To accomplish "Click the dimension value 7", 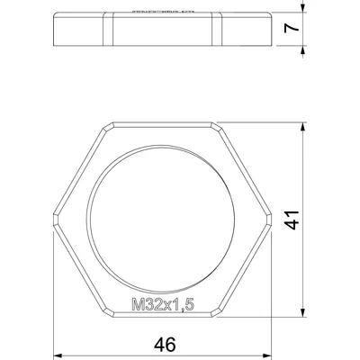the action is pos(292,28).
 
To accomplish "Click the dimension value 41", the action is pos(292,220).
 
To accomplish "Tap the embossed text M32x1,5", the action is pos(163,304).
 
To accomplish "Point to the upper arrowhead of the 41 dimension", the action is pos(303,126).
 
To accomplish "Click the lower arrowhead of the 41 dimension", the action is pos(303,312).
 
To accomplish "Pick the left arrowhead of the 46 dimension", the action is pos(58,355).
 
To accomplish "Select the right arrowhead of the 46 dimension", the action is pos(267,355).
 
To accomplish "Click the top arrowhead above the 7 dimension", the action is pos(303,8).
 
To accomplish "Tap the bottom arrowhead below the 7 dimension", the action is pos(303,50).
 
